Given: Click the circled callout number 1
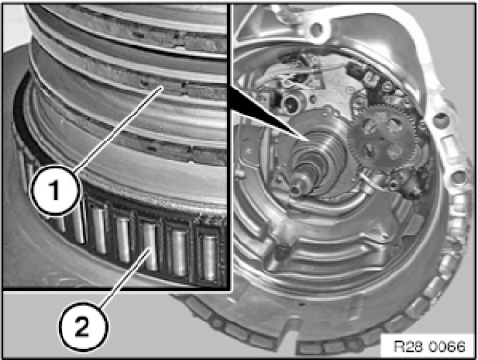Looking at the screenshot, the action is tap(54, 191).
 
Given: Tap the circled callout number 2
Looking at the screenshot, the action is tap(83, 327).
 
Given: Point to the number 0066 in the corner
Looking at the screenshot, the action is tap(446, 347).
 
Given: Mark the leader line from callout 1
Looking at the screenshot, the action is tap(117, 130).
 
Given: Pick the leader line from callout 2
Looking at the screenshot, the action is tap(125, 278).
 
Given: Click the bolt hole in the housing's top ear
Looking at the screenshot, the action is tap(316, 29).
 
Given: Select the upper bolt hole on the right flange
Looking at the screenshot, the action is tap(440, 118).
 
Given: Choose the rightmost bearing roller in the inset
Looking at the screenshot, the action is tap(210, 258).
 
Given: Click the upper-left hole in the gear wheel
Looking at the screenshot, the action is tap(369, 126).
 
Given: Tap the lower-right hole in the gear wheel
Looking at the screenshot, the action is tap(395, 151).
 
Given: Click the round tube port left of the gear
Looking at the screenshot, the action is tap(291, 103).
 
